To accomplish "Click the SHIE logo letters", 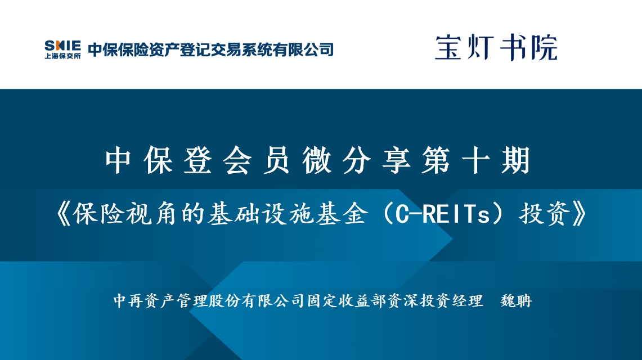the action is coord(62,45).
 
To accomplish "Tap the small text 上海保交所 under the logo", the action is coord(62,56).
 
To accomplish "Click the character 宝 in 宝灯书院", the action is coord(448,48).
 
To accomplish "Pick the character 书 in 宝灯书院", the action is coord(512,48).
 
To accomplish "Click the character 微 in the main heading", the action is coord(317,160).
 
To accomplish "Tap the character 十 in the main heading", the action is coord(476,160).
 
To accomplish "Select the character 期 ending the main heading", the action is coord(515,160).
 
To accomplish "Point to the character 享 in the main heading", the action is coord(396,160).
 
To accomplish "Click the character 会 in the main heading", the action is coord(237,160).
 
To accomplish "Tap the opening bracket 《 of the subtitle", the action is coord(64,214).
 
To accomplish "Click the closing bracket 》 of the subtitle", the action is coord(580,214).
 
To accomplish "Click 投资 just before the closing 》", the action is coord(545,214).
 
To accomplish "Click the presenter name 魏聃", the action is coord(516,301).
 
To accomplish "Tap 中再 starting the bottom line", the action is coord(128,301).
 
